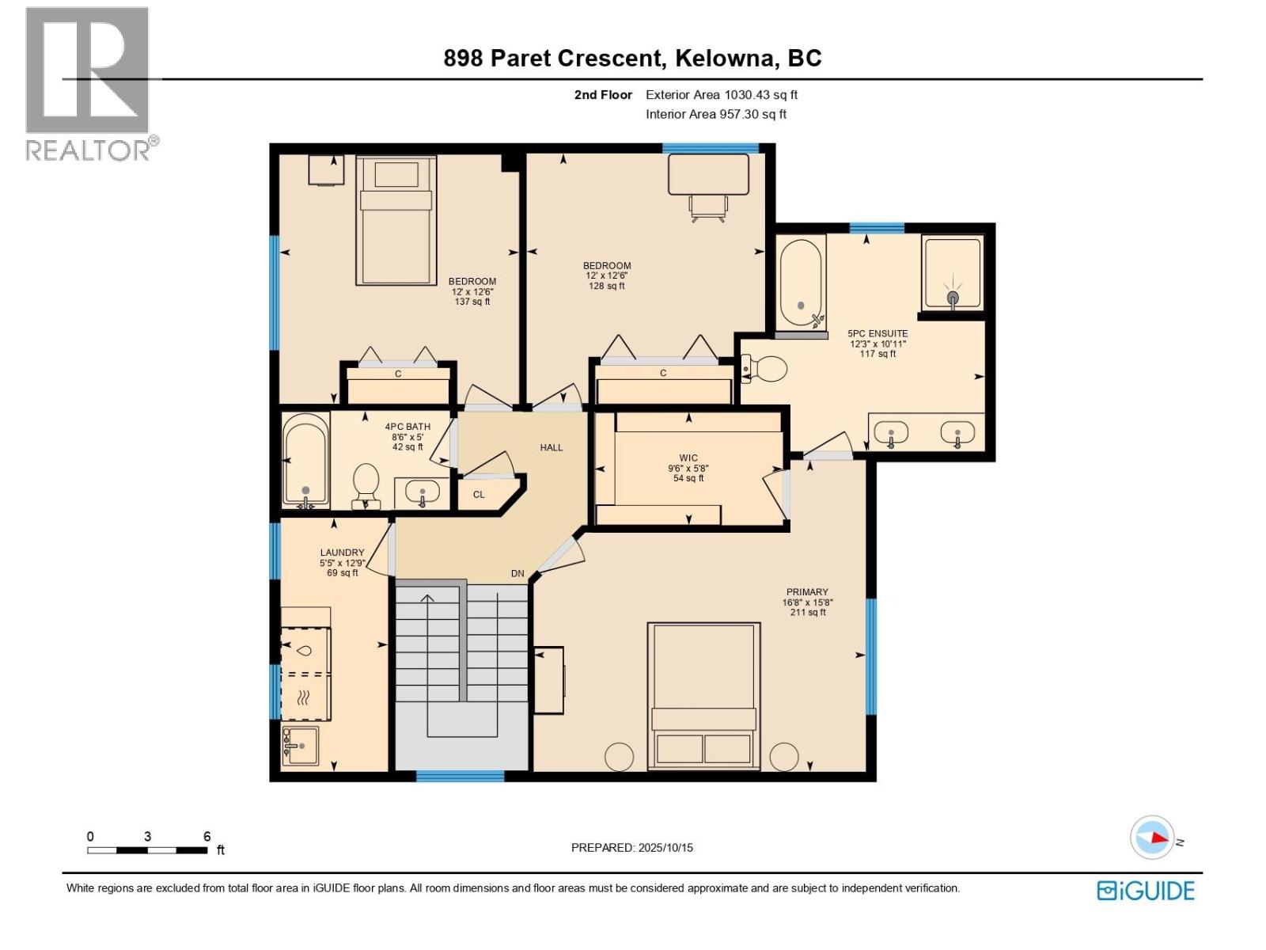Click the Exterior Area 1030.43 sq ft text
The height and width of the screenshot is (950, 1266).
(x=721, y=95)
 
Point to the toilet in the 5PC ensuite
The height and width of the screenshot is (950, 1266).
(x=765, y=369)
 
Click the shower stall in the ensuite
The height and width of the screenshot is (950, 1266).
(x=953, y=273)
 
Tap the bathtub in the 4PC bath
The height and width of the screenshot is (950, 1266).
(x=305, y=461)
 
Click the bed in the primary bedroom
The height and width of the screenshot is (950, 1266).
(x=703, y=695)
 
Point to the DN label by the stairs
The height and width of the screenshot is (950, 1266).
(x=517, y=574)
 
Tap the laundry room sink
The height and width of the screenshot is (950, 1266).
(x=300, y=746)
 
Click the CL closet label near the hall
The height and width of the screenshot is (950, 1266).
(x=479, y=495)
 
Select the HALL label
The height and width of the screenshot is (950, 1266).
(x=552, y=447)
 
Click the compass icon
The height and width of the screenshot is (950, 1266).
(x=1152, y=838)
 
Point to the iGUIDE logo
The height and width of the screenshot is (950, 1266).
(x=1146, y=891)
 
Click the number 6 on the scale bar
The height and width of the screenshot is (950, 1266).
(x=207, y=837)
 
